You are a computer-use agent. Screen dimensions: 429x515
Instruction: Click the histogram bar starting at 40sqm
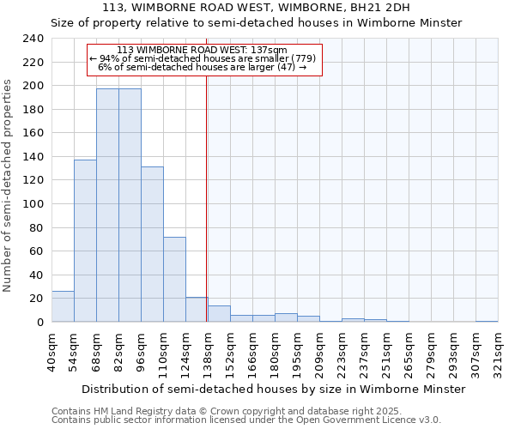[x=63, y=306]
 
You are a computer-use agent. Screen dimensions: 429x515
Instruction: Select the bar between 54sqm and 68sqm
[x=85, y=241]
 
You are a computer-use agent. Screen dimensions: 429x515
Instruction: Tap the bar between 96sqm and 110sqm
[x=152, y=245]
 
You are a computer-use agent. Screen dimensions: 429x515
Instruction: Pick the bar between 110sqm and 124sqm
[x=174, y=280]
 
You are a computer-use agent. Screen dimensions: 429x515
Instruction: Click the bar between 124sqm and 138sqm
[x=197, y=310]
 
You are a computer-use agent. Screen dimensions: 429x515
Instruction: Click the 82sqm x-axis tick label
[x=118, y=350]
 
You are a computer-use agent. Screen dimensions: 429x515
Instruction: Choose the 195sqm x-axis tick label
[x=297, y=350]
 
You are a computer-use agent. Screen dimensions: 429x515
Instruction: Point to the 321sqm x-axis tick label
[x=498, y=350]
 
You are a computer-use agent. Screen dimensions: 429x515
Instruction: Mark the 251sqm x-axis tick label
[x=386, y=350]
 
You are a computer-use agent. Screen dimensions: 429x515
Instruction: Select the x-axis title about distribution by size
[x=275, y=389]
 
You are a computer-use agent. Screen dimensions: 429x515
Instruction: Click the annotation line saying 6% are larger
[x=203, y=67]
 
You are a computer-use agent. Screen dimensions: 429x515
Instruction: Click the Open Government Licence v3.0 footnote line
[x=246, y=420]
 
